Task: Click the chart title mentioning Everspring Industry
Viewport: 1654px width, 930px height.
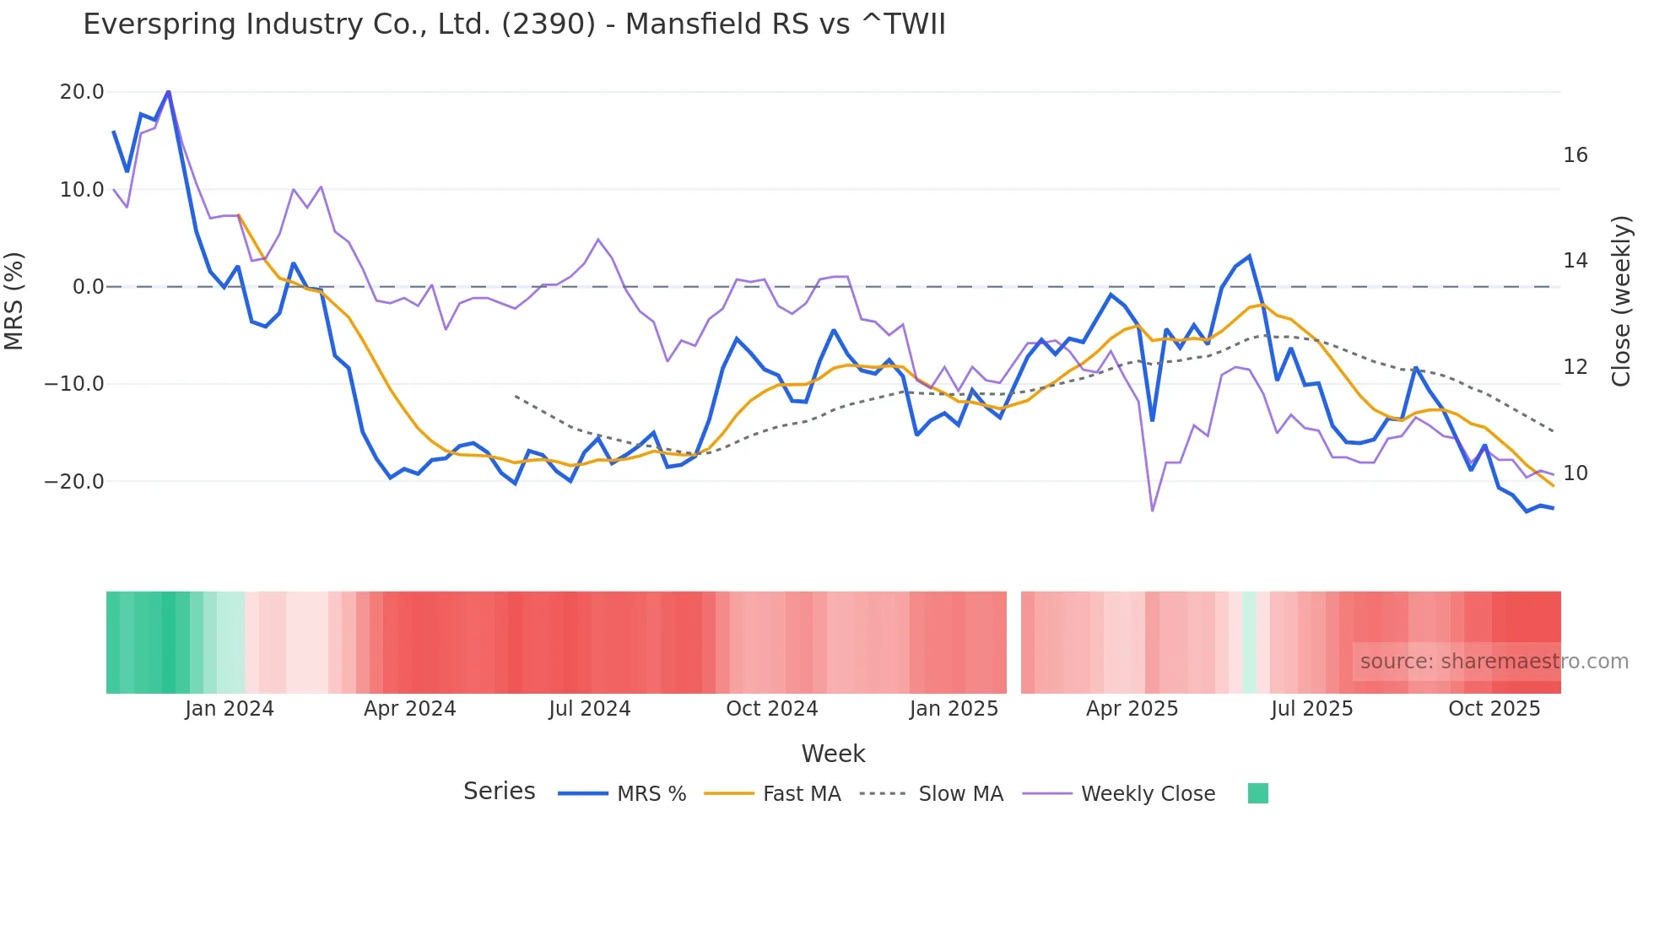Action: click(x=514, y=24)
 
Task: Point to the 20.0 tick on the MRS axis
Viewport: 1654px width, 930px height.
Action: click(x=82, y=92)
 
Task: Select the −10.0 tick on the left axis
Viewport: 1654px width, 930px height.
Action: click(x=74, y=384)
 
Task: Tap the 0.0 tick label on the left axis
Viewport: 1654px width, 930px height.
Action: click(x=89, y=287)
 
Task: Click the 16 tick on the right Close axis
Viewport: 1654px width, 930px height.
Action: click(x=1575, y=155)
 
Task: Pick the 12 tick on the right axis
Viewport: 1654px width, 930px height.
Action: click(x=1575, y=367)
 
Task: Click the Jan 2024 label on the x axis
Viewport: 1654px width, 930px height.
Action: click(x=230, y=709)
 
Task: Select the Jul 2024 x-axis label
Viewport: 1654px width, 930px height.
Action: click(x=589, y=709)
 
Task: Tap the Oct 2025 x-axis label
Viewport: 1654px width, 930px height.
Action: click(x=1494, y=709)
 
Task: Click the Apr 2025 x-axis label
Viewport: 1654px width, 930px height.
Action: click(x=1132, y=709)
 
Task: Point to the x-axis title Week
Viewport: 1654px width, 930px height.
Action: click(x=833, y=754)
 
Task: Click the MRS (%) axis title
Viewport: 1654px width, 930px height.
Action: click(x=14, y=300)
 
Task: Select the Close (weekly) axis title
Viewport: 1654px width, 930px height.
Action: click(x=1620, y=301)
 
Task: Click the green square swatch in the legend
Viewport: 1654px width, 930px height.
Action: click(x=1257, y=793)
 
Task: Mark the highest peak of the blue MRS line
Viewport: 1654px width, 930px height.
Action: click(x=169, y=91)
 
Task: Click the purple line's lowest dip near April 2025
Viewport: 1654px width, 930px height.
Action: click(x=1152, y=510)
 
